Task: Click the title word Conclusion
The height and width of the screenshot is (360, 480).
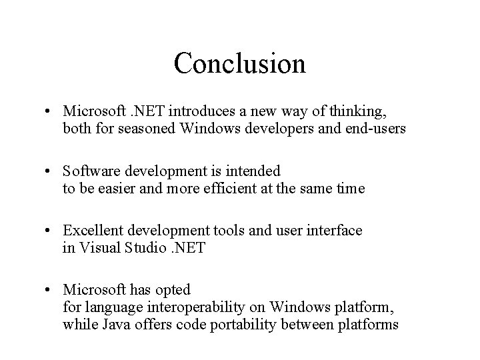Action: click(x=239, y=63)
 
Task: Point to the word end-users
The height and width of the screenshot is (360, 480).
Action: click(x=373, y=128)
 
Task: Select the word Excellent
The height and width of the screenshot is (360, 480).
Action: click(x=91, y=231)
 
